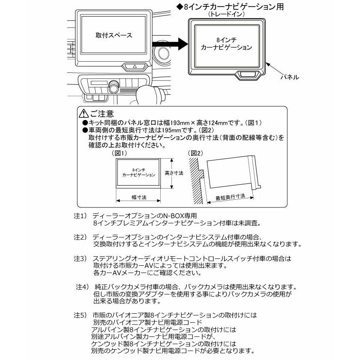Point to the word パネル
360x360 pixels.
(289, 77)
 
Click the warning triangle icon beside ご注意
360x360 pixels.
(83, 114)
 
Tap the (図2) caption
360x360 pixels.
(195, 153)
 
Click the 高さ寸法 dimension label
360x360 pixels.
(174, 173)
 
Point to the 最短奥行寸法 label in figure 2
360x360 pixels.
(230, 198)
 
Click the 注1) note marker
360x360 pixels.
(80, 216)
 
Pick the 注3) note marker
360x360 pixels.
(80, 258)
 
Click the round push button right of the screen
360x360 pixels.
(163, 54)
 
